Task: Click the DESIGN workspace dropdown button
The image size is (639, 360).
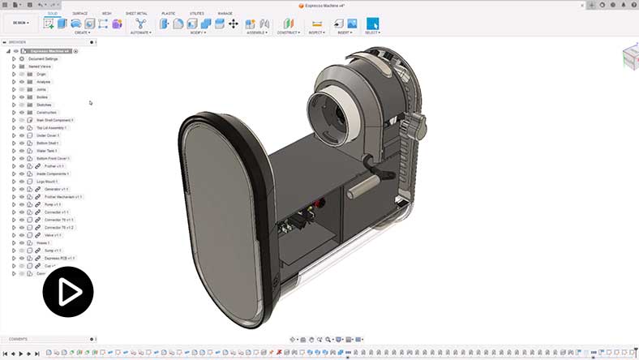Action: tap(21, 24)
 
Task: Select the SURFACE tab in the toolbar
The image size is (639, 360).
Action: tap(79, 14)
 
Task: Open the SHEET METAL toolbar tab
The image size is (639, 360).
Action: tap(136, 14)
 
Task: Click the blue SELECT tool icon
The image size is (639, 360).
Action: tap(372, 24)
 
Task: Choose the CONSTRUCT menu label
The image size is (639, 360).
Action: tap(288, 33)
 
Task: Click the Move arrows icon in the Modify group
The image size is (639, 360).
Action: tap(234, 24)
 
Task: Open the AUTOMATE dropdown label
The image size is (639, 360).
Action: tap(140, 33)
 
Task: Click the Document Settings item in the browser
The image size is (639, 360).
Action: tap(44, 58)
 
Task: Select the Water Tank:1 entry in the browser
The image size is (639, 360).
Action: tap(48, 151)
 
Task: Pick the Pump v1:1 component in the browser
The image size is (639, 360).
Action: tap(53, 204)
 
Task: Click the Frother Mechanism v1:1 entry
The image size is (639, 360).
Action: tap(63, 197)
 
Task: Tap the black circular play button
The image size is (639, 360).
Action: tap(68, 291)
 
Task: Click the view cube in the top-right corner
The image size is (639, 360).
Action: tap(630, 56)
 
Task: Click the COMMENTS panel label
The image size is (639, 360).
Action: tap(18, 339)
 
